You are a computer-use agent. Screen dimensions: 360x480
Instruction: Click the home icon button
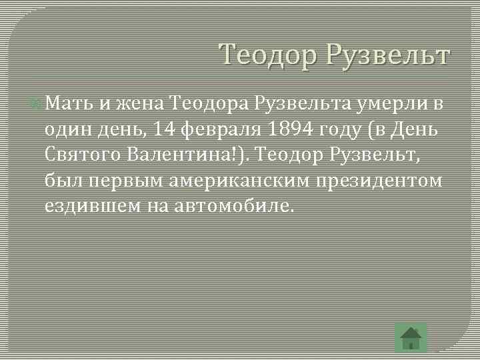411,337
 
